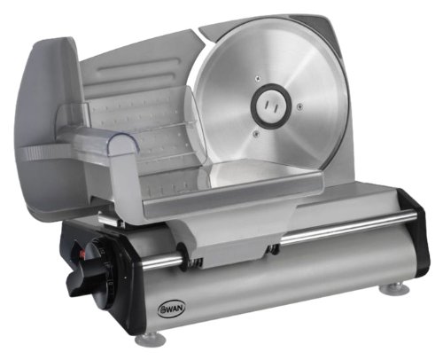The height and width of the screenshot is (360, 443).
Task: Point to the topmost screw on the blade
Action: pos(259,78)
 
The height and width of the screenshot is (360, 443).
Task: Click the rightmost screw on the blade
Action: pos(299,105)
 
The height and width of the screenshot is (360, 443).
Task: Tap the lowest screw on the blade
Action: pos(254,134)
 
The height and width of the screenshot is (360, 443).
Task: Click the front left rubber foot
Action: pos(149,338)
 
